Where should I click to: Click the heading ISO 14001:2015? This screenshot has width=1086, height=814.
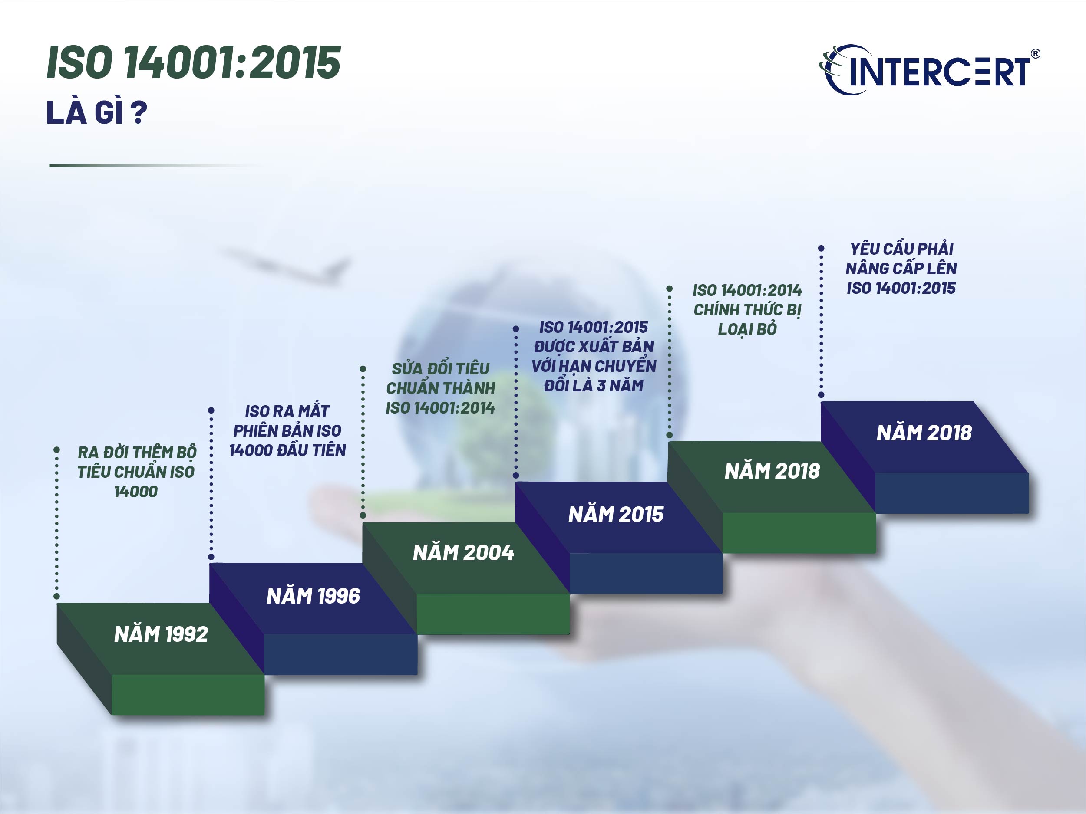[x=193, y=62]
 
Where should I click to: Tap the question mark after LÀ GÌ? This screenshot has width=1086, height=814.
[x=139, y=113]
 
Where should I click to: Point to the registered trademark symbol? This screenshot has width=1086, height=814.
[x=1035, y=54]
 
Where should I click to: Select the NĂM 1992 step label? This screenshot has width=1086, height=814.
[x=161, y=634]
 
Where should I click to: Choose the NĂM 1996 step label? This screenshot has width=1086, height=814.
[x=313, y=596]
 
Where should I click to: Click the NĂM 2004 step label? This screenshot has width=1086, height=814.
[x=463, y=552]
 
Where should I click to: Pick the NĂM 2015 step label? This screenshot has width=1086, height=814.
[x=616, y=514]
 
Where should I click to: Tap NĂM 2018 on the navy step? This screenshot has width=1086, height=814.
[x=924, y=433]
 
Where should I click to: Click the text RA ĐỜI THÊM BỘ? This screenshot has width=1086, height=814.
[x=137, y=452]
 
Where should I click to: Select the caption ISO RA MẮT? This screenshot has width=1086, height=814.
[x=287, y=410]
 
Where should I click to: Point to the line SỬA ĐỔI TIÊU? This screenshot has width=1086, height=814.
[x=440, y=368]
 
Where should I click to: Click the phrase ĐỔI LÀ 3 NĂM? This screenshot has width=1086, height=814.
[x=594, y=385]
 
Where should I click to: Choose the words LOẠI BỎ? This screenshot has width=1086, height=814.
[x=747, y=329]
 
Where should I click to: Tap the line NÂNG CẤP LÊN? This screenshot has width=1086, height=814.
[x=901, y=268]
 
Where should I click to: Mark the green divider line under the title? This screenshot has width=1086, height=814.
[x=157, y=165]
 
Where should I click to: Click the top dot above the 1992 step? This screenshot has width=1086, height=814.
[x=57, y=450]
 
